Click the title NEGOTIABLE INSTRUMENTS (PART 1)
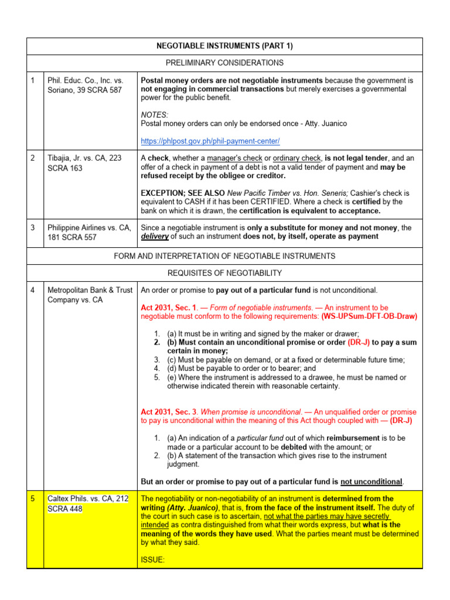pyautogui.click(x=224, y=46)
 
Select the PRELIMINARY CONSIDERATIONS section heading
pyautogui.click(x=224, y=63)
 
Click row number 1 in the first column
pyautogui.click(x=33, y=80)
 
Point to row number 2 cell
pyautogui.click(x=33, y=158)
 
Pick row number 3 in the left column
pyautogui.click(x=33, y=227)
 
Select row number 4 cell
pyautogui.click(x=33, y=290)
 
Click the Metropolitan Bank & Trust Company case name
pyautogui.click(x=89, y=295)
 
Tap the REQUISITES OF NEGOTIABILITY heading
pyautogui.click(x=224, y=272)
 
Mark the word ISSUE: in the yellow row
pyautogui.click(x=153, y=560)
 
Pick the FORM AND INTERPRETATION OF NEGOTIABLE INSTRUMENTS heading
pyautogui.click(x=224, y=256)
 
